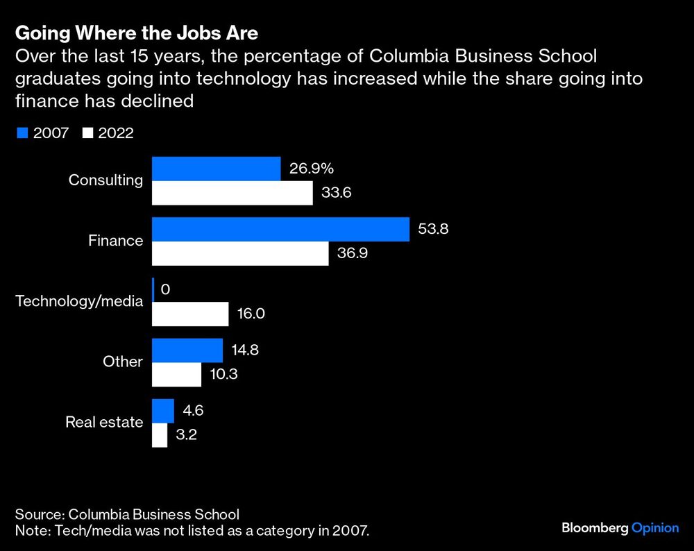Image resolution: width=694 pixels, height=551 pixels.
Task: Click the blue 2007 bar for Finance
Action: coord(280,229)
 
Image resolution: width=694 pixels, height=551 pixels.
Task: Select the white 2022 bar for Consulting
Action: coord(232,193)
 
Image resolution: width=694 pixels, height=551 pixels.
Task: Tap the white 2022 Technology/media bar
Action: coord(190,314)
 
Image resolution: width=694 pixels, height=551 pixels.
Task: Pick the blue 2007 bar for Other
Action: coord(187,350)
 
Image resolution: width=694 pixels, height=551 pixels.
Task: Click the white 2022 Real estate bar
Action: coord(160,435)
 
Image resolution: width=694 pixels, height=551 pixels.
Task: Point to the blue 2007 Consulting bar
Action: coord(216,169)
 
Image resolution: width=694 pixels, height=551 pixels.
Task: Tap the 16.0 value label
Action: coord(251,314)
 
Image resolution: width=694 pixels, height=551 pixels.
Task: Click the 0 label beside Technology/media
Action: coord(165,289)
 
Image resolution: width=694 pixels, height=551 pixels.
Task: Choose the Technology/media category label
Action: coord(79,301)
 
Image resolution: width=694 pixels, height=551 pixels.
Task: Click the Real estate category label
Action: coord(104,422)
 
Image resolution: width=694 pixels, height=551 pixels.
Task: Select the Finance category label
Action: coord(115,241)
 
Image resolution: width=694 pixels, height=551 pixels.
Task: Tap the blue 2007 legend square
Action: coord(21,133)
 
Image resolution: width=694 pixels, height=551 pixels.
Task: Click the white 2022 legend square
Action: coord(87,133)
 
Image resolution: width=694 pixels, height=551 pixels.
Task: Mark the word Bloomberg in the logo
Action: coord(593,528)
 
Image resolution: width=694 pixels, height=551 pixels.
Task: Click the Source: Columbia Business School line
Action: coord(127,514)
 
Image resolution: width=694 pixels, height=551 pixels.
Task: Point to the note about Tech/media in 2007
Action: coord(192,532)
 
